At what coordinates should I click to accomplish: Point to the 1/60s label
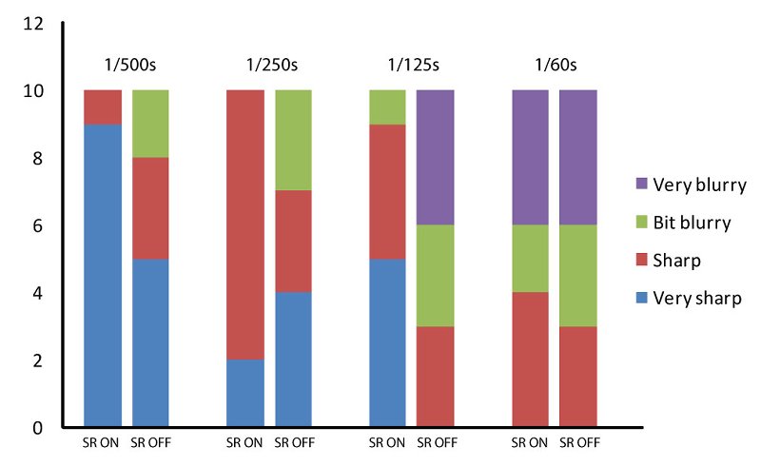(x=555, y=66)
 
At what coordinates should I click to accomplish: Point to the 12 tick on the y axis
(x=33, y=24)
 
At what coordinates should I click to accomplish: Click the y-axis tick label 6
(x=37, y=226)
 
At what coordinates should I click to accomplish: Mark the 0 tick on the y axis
(x=37, y=428)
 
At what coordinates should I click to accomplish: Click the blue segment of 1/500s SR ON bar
(x=103, y=276)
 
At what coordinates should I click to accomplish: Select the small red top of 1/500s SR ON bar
(x=103, y=107)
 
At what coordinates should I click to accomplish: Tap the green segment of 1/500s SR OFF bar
(x=150, y=124)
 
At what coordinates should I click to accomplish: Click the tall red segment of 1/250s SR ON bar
(x=245, y=224)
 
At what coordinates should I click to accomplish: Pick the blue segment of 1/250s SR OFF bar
(x=293, y=360)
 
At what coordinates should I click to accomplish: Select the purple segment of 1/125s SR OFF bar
(x=435, y=157)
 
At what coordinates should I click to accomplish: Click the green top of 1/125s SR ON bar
(x=387, y=107)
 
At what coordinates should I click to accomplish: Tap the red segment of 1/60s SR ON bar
(x=530, y=360)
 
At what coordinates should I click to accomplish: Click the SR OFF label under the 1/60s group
(x=577, y=442)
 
